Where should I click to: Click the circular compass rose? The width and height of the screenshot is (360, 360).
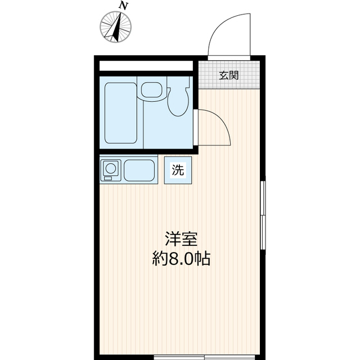[116, 26]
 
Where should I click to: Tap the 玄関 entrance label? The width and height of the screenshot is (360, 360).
[228, 75]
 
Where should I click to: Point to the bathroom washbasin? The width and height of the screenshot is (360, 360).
[151, 90]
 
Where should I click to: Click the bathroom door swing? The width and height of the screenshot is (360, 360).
[214, 127]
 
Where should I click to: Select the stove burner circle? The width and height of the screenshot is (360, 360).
[110, 168]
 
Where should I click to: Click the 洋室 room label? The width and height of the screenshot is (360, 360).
[181, 238]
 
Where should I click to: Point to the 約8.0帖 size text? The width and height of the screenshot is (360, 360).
[181, 259]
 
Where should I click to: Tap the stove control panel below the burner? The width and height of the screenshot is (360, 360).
[110, 179]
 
